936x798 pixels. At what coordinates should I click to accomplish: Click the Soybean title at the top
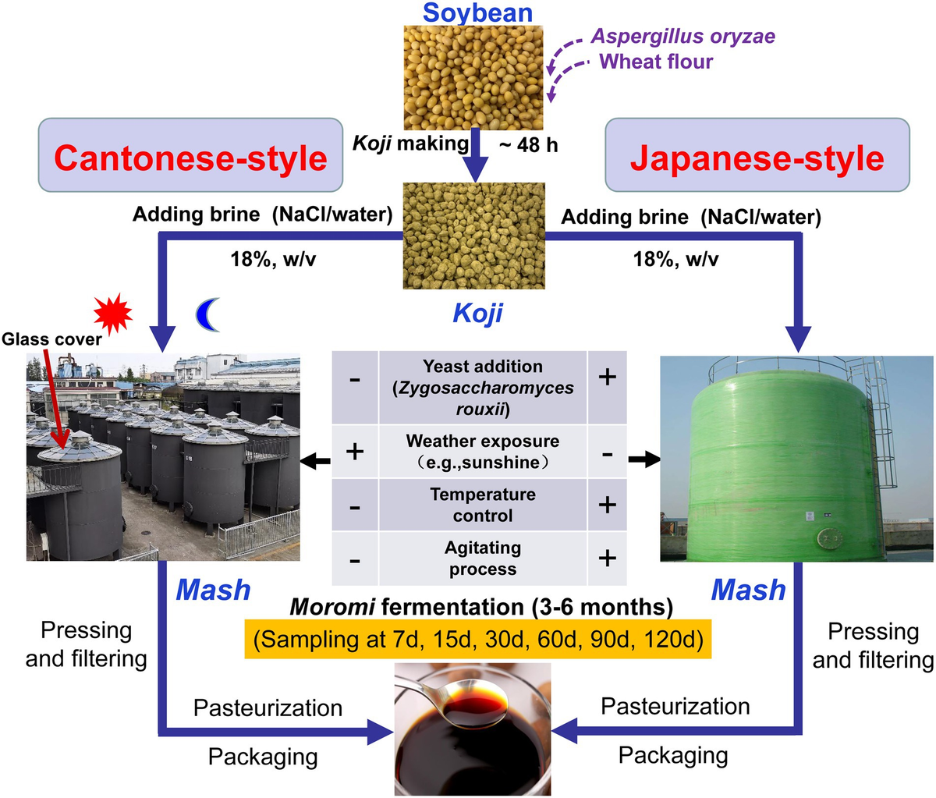[x=477, y=12]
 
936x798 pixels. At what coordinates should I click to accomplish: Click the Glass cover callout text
[x=51, y=339]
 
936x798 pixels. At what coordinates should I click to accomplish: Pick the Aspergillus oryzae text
[x=682, y=36]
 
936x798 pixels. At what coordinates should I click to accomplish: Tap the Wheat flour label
[x=655, y=61]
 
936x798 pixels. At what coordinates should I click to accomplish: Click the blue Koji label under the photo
[x=477, y=314]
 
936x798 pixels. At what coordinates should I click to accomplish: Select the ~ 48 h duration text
[x=527, y=144]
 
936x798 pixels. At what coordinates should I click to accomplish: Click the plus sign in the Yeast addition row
[x=607, y=378]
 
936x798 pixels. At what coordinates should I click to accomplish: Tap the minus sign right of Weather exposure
[x=607, y=452]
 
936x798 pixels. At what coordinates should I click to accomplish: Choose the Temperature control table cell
[x=482, y=505]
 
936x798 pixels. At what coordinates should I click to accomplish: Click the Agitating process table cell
[x=482, y=558]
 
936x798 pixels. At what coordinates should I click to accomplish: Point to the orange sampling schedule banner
[x=477, y=640]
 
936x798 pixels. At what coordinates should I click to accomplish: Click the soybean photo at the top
[x=477, y=77]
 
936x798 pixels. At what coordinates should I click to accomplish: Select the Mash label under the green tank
[x=748, y=591]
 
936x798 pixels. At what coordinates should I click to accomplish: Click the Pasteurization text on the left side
[x=268, y=708]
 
